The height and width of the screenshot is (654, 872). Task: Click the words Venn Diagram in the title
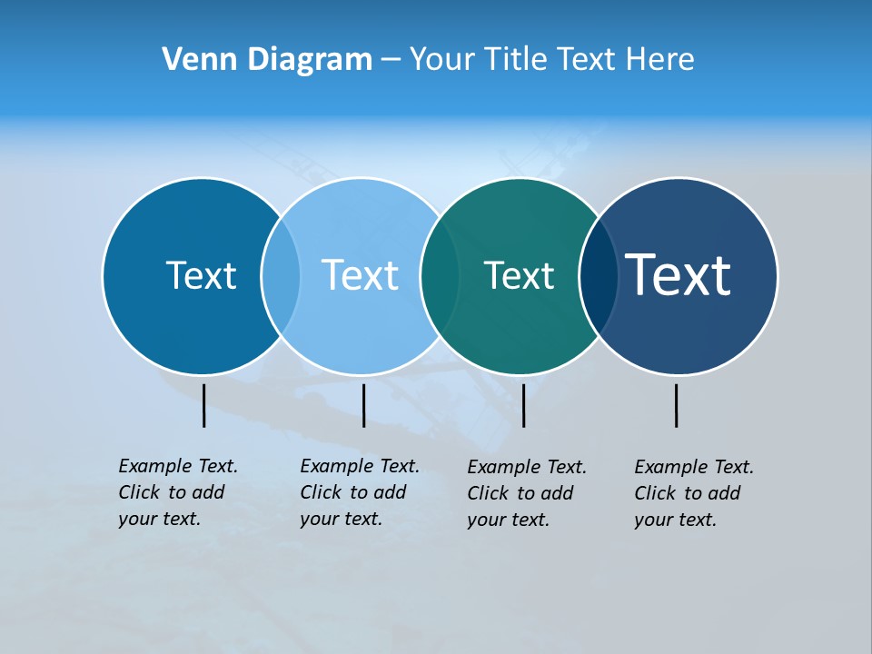267,60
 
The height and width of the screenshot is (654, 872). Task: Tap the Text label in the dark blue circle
201,275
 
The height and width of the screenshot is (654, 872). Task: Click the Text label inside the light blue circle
360,275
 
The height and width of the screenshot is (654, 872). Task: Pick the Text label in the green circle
519,275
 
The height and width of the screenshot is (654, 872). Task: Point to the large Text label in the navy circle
679,274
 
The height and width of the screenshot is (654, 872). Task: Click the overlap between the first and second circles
281,276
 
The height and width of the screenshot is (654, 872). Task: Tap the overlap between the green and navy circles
599,276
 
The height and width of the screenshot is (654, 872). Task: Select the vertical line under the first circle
203,405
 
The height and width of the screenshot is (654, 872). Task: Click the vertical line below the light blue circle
363,405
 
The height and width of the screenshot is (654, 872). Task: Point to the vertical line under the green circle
523,405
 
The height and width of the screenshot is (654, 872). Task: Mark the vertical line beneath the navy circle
676,405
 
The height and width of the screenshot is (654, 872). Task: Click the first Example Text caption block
178,492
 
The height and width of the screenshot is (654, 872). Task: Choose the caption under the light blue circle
360,492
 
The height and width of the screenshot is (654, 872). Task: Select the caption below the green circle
527,493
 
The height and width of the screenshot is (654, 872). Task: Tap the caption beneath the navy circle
694,493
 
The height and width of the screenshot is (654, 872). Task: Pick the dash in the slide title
391,61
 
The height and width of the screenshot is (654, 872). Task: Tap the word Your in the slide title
442,60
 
